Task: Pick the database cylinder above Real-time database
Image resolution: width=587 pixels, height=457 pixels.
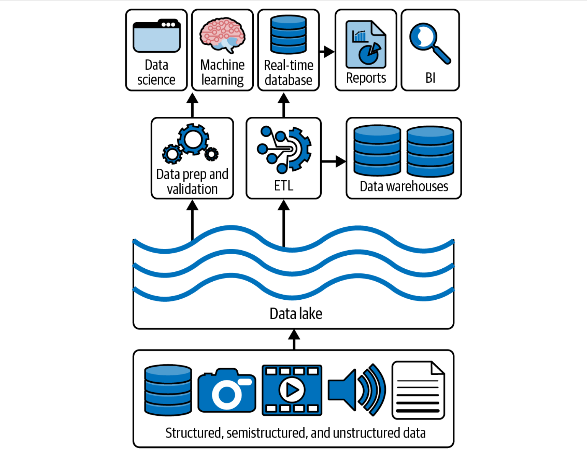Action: [x=289, y=34]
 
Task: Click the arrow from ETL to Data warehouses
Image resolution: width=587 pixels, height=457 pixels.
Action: [x=334, y=162]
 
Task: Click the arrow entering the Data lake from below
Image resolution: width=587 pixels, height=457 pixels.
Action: [x=294, y=339]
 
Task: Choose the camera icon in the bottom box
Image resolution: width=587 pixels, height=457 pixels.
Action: [x=227, y=391]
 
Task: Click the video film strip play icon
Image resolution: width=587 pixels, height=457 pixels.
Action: [x=292, y=390]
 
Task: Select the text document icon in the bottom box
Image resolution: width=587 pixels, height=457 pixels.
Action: [x=418, y=390]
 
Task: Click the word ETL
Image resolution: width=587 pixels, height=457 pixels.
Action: [x=284, y=186]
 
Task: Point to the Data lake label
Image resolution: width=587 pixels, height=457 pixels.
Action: [x=296, y=314]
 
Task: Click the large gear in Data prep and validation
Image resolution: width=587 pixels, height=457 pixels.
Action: [x=193, y=139]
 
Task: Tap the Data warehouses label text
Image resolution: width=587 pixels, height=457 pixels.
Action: [x=404, y=186]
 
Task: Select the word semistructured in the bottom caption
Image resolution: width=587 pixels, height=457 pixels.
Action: [x=266, y=433]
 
